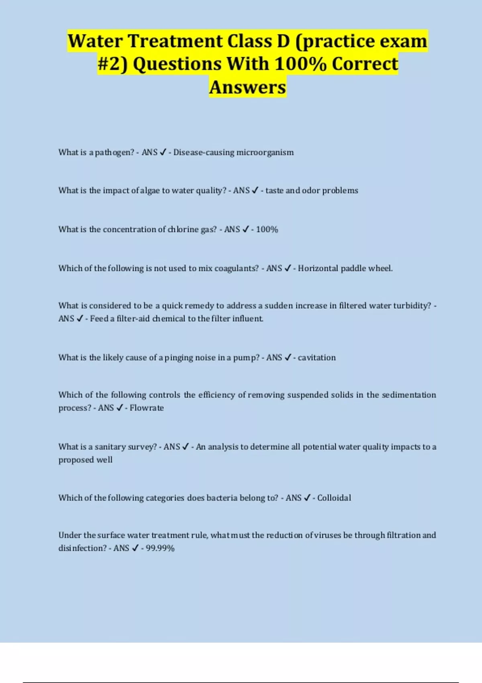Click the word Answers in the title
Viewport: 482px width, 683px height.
(247, 87)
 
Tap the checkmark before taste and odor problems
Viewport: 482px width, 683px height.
(255, 190)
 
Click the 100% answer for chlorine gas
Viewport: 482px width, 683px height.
(267, 229)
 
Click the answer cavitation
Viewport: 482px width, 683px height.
(317, 358)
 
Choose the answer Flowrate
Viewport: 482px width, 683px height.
(147, 408)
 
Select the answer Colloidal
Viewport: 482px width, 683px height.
(334, 498)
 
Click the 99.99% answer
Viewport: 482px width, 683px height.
(160, 548)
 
